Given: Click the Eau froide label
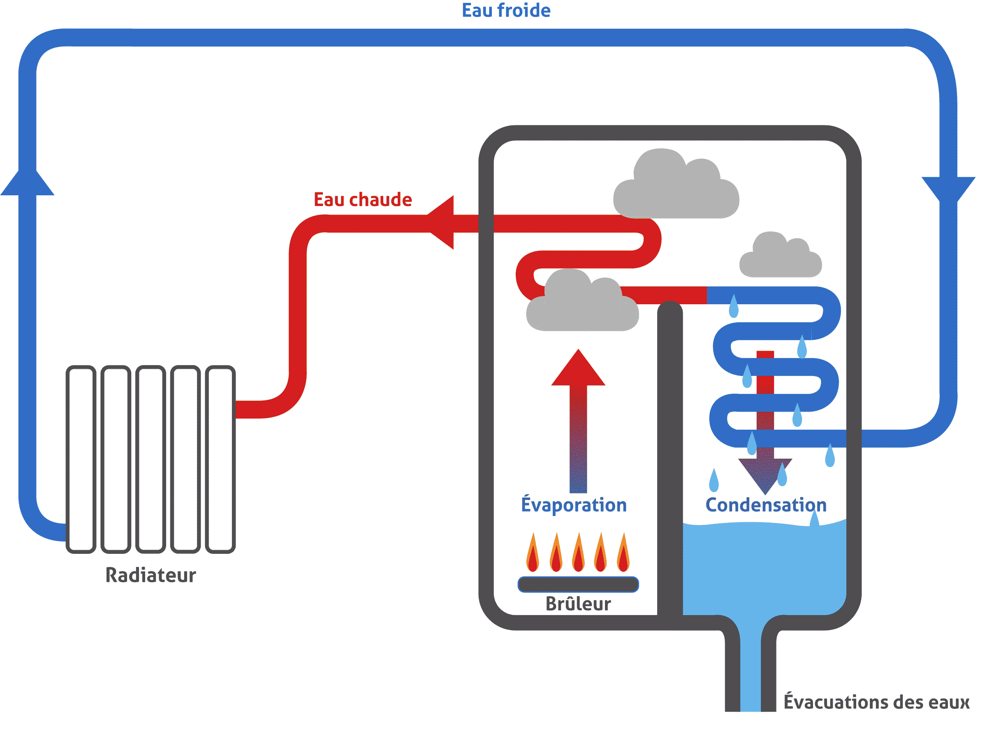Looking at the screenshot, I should point(506,11).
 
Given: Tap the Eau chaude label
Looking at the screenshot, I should point(362,200).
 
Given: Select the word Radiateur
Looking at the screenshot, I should point(151,576).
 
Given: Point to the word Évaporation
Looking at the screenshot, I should point(573,505).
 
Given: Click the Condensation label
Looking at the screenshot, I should point(766,505).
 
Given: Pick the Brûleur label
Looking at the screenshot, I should point(578,604).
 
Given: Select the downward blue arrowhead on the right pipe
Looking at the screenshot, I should point(948,188).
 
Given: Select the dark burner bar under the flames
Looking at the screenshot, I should point(578,585).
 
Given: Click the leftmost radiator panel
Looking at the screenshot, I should point(81,459).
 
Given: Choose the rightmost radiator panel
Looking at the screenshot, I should point(220,459).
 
